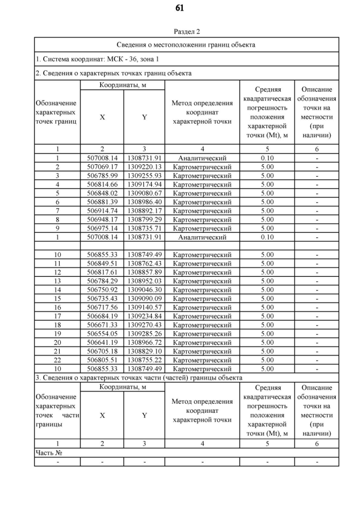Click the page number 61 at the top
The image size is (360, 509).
click(x=179, y=8)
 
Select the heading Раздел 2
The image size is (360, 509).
click(x=187, y=31)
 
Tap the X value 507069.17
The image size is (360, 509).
click(x=102, y=166)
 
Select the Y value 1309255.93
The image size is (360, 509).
click(x=145, y=175)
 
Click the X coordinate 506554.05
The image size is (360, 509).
click(x=102, y=334)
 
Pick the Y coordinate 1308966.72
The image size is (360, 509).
click(x=145, y=343)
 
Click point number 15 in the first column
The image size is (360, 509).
click(x=57, y=299)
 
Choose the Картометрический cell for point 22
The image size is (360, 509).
click(x=202, y=360)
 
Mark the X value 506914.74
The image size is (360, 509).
click(x=102, y=210)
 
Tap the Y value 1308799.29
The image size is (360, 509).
click(x=145, y=219)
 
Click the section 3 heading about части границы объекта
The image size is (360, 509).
click(x=139, y=377)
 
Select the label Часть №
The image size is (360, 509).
click(x=48, y=452)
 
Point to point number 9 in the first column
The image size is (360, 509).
click(x=57, y=228)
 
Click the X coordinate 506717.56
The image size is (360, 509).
click(x=102, y=307)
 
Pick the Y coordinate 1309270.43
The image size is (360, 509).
click(x=145, y=325)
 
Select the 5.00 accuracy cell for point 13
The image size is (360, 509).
click(x=267, y=281)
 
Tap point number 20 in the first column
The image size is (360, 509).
click(x=57, y=343)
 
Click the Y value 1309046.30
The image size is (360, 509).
click(x=145, y=290)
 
